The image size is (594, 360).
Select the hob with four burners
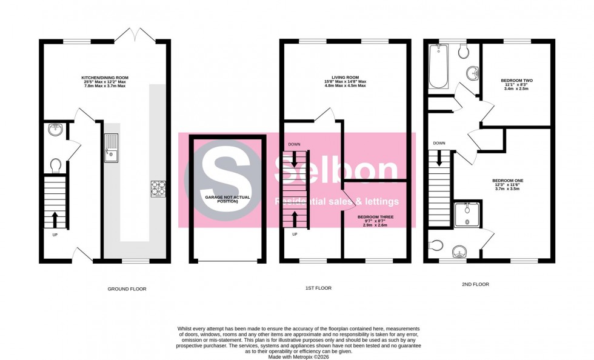click(158, 188)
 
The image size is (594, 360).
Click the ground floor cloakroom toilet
click(56, 165)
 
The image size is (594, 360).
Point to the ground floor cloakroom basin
click(54, 130)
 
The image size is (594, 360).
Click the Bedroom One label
click(508, 184)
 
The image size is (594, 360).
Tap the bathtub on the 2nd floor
click(437, 67)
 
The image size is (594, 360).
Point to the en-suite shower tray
click(467, 215)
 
